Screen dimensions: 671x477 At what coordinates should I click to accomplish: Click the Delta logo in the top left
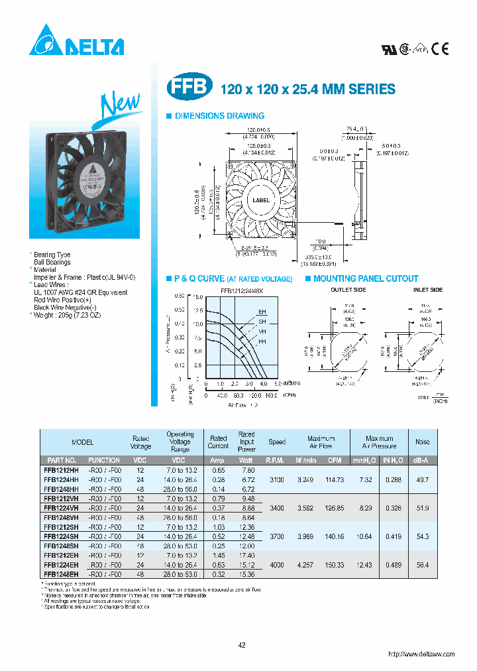[x=76, y=44]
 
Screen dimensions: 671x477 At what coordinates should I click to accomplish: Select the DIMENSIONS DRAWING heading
[x=219, y=116]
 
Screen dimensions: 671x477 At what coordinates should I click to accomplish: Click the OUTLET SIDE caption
[x=348, y=290]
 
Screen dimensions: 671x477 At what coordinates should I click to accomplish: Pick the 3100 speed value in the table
[x=277, y=479]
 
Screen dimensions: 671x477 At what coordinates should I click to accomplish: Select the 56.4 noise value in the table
[x=422, y=564]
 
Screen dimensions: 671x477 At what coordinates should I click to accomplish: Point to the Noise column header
[x=422, y=442]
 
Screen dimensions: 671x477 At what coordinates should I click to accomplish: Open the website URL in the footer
[x=421, y=654]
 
